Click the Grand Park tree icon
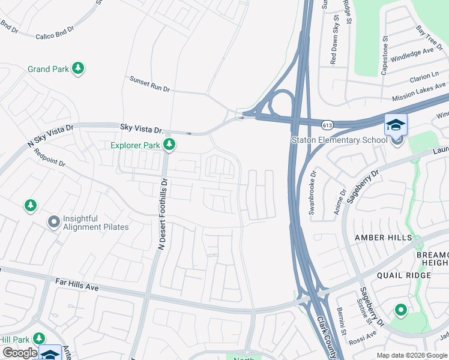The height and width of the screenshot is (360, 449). pyautogui.click(x=77, y=69)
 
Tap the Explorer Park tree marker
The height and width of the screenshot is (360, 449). pyautogui.click(x=170, y=144)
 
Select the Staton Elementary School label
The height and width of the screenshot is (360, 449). pyautogui.click(x=339, y=140)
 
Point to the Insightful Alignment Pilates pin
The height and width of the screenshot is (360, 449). pyautogui.click(x=54, y=223)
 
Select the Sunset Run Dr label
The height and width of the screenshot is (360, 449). pyautogui.click(x=150, y=84)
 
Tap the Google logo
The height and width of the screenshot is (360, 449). pyautogui.click(x=20, y=353)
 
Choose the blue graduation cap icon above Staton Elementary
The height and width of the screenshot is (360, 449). pyautogui.click(x=396, y=125)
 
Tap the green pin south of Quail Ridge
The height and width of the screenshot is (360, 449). pyautogui.click(x=400, y=310)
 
